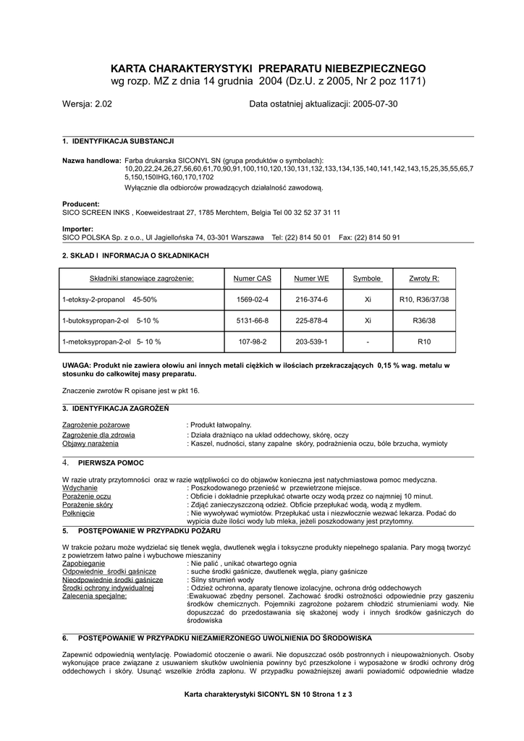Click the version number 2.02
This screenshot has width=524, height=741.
[103, 104]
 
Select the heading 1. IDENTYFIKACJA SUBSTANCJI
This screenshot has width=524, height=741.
[118, 140]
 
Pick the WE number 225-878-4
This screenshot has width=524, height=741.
[312, 320]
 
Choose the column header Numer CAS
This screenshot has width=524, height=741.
[252, 279]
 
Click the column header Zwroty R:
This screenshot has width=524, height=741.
[424, 279]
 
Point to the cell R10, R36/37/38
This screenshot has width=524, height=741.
[424, 299]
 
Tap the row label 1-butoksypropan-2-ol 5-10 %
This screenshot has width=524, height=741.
[111, 320]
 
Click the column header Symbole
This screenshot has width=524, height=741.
[367, 279]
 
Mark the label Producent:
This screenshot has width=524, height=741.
[81, 204]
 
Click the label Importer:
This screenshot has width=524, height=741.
[78, 229]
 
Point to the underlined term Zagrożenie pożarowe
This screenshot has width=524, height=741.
[96, 425]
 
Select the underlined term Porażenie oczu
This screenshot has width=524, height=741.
[87, 496]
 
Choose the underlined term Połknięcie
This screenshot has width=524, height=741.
[79, 512]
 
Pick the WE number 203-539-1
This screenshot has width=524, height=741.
[312, 341]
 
